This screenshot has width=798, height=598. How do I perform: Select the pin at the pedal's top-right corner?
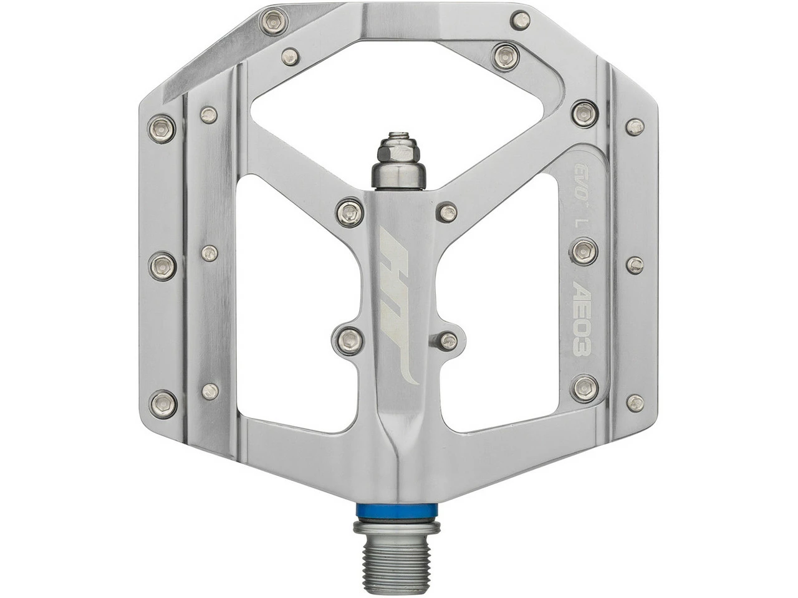click(520, 21)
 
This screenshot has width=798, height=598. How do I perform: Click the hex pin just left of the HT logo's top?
click(350, 212)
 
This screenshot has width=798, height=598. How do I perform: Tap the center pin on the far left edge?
click(162, 266)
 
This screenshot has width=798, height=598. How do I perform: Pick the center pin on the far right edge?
click(635, 265)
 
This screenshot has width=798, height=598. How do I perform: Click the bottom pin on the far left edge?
click(163, 403)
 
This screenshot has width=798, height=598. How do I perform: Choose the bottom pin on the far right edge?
click(635, 403)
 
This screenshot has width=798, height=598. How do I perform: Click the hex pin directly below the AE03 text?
click(585, 388)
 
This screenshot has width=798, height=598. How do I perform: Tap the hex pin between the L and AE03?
click(584, 251)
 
